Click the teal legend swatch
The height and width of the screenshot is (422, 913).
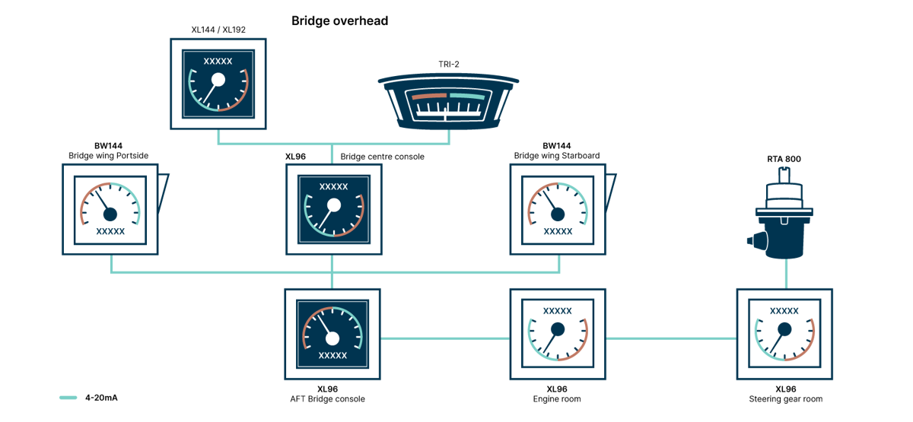point(68,397)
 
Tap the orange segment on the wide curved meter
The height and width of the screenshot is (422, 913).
point(429,97)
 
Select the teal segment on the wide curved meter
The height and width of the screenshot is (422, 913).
point(466,97)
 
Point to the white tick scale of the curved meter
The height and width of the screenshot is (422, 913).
point(449,113)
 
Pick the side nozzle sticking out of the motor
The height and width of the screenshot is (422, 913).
point(753,241)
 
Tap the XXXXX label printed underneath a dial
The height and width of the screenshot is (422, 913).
point(332,355)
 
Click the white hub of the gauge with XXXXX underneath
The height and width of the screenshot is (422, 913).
point(332,338)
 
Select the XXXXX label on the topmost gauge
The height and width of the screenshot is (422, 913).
point(218,62)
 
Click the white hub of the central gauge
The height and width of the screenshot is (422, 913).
point(333,205)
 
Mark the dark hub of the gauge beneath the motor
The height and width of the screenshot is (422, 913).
point(784,328)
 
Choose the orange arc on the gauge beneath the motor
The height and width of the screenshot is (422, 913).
point(811,335)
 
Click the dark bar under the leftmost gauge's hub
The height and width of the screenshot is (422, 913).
point(110,232)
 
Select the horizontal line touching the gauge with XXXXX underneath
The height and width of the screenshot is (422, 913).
point(444,338)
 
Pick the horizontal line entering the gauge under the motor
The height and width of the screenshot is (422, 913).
point(670,338)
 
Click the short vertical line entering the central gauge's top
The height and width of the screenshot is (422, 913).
point(332,154)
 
